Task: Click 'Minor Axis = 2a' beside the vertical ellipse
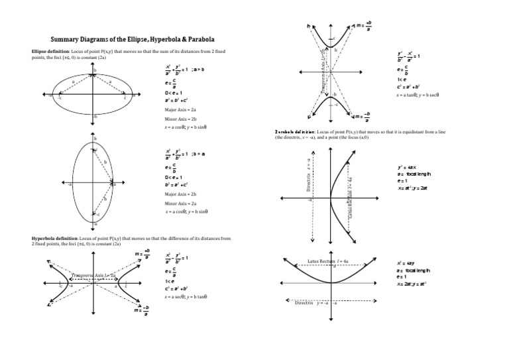[181, 204]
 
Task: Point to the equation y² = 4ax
[406, 167]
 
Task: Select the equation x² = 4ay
[406, 263]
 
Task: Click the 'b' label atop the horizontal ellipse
[95, 70]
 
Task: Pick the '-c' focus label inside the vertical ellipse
[98, 215]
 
